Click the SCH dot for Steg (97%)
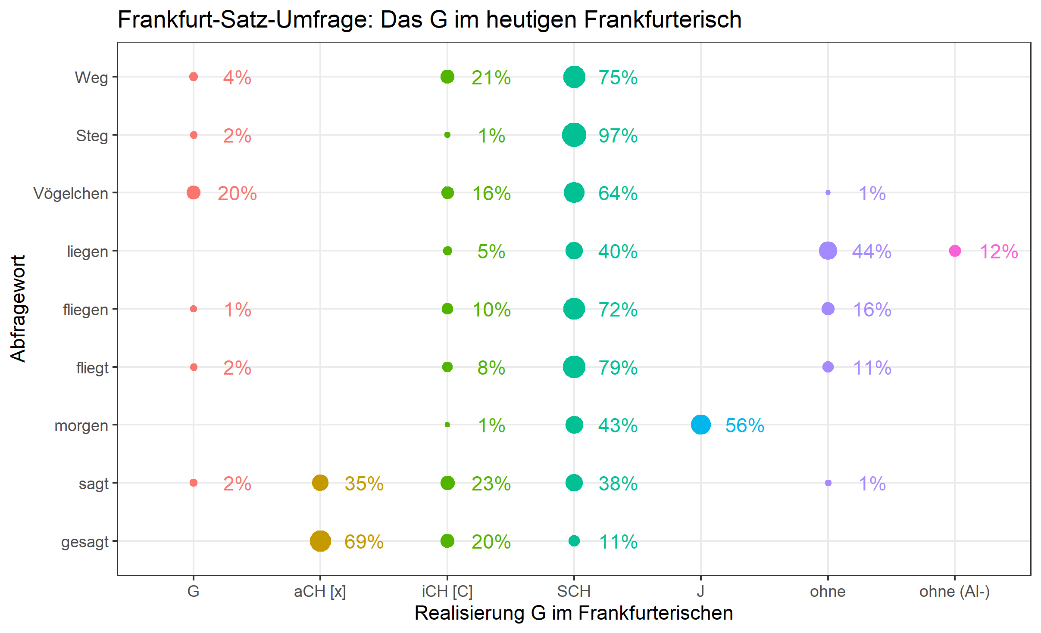point(574,135)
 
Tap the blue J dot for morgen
point(700,425)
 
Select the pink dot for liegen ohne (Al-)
point(954,251)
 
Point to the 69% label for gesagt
point(364,542)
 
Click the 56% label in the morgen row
point(744,425)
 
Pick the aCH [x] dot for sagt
point(320,483)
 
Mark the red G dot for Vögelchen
point(194,192)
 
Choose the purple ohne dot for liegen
point(828,251)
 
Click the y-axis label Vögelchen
point(71,193)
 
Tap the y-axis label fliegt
point(92,368)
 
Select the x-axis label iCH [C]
point(447,592)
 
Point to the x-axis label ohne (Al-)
point(954,592)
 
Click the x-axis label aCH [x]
point(320,592)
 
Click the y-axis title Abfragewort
point(18,308)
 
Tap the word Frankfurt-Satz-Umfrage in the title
point(246,20)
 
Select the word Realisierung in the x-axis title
point(469,613)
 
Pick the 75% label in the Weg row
point(618,78)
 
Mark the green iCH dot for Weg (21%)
point(447,77)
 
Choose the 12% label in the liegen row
point(998,252)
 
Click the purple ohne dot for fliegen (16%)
point(828,309)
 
